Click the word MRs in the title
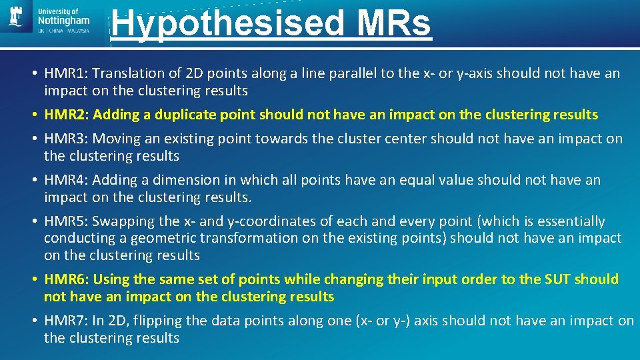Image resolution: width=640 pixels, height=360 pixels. click(394, 23)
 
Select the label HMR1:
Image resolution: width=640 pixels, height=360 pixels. click(66, 73)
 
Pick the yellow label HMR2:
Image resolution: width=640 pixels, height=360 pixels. click(66, 115)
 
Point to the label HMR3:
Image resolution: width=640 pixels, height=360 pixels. click(66, 139)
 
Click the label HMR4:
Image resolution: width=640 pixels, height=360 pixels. click(66, 180)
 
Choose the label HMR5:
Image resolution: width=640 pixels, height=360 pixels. click(66, 221)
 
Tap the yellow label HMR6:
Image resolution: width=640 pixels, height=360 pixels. click(66, 279)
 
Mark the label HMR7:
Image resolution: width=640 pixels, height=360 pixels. click(66, 321)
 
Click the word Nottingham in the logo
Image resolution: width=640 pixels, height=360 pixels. click(64, 21)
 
